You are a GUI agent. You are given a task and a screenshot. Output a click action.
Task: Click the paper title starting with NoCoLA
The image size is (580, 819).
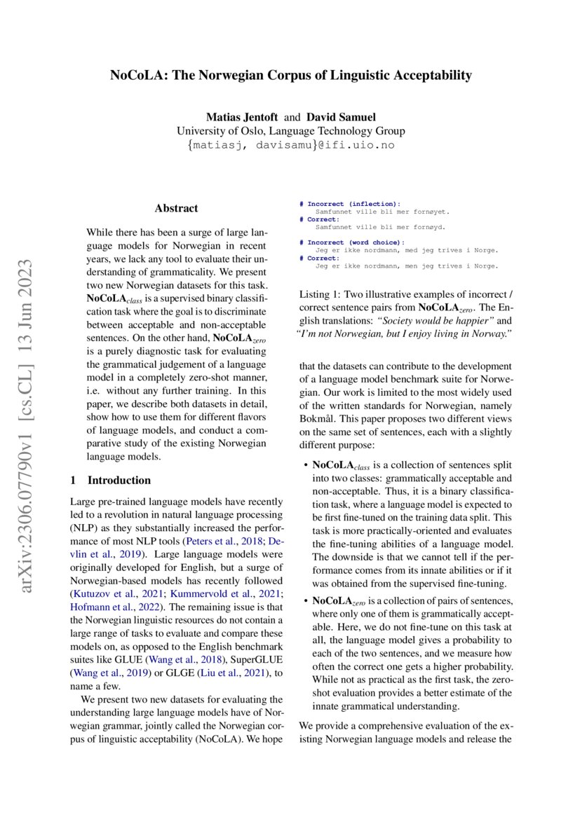290,75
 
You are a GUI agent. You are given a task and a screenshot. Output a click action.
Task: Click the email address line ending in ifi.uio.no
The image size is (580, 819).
290,146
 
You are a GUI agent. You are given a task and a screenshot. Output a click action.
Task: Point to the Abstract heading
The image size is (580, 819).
176,208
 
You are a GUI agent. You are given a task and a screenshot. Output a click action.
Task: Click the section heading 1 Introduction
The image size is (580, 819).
111,480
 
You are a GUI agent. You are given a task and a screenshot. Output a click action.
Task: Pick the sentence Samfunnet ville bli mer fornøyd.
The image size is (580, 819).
382,227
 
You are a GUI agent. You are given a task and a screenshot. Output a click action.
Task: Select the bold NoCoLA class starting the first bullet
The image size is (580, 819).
339,464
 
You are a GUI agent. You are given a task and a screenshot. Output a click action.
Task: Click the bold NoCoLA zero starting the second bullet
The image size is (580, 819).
339,600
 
